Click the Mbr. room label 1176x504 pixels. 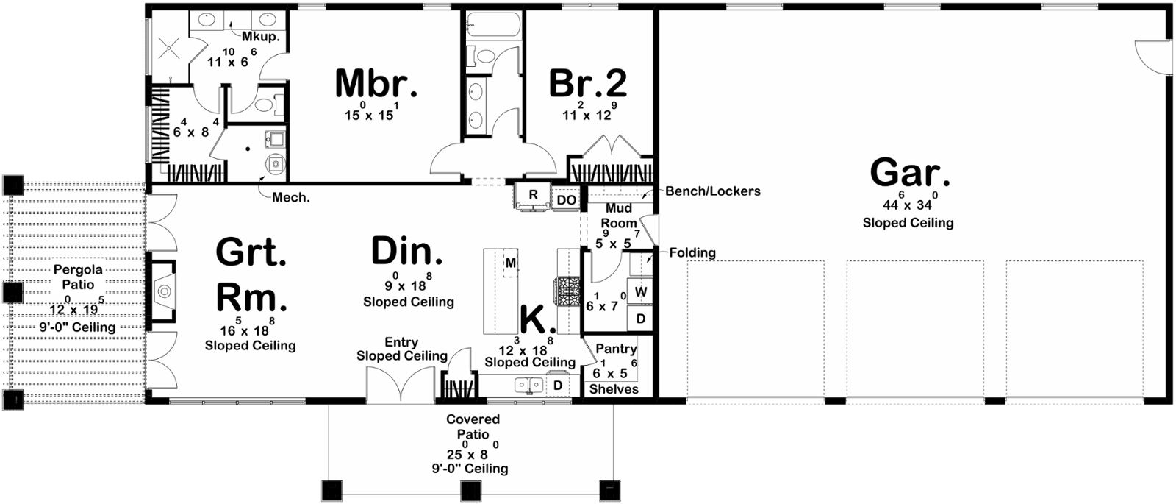[376, 84]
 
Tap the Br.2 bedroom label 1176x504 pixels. [587, 84]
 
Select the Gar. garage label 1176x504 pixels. [910, 172]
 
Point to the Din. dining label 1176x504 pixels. [407, 251]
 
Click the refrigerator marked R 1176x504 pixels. [533, 196]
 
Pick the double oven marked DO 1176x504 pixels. [566, 199]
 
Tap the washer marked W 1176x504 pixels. [640, 292]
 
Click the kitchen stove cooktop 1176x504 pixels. [567, 291]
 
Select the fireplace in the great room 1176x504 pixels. [162, 291]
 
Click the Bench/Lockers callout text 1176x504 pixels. [712, 191]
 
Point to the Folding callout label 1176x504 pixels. [692, 253]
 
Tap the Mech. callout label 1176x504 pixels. [291, 198]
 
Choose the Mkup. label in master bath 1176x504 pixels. [260, 37]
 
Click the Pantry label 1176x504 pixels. [616, 349]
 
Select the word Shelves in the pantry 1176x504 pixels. [614, 389]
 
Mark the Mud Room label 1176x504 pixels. [618, 216]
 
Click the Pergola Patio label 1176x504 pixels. [78, 277]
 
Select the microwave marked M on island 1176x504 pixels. [510, 263]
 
